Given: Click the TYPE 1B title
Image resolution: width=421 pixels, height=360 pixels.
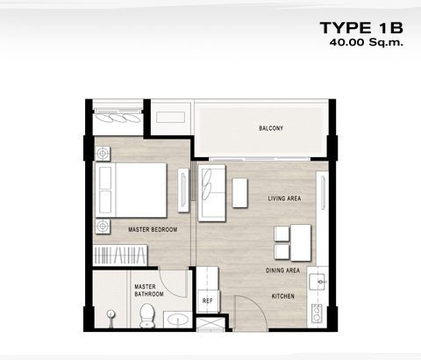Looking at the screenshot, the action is pyautogui.click(x=361, y=28).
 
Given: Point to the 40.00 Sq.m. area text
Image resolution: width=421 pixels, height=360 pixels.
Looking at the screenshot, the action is pyautogui.click(x=367, y=42).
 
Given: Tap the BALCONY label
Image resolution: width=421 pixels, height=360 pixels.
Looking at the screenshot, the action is pyautogui.click(x=271, y=128).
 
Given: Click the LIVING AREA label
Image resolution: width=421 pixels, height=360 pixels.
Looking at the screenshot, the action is pyautogui.click(x=284, y=198).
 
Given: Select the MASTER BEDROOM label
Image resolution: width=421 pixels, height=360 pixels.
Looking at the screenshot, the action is pyautogui.click(x=153, y=230).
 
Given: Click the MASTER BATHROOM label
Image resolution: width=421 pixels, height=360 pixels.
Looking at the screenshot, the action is pyautogui.click(x=149, y=291).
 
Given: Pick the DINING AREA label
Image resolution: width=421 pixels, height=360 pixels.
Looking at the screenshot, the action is pyautogui.click(x=282, y=270).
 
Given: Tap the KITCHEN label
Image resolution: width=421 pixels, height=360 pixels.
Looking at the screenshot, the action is pyautogui.click(x=283, y=296).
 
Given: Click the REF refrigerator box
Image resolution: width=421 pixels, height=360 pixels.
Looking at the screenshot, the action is pyautogui.click(x=209, y=301).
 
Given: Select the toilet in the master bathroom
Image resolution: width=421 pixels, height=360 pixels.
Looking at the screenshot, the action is pyautogui.click(x=147, y=315).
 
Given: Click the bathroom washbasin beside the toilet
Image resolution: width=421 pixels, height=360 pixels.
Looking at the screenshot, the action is pyautogui.click(x=177, y=320).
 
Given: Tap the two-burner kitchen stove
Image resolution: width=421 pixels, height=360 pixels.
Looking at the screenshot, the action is pyautogui.click(x=317, y=313).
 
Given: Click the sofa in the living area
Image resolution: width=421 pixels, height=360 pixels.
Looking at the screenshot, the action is pyautogui.click(x=211, y=192).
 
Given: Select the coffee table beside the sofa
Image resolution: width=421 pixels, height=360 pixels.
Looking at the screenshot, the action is pyautogui.click(x=240, y=193).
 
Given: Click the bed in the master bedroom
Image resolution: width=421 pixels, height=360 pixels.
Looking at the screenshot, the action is pyautogui.click(x=131, y=191).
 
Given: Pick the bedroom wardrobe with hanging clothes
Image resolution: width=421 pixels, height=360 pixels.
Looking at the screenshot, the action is pyautogui.click(x=120, y=256).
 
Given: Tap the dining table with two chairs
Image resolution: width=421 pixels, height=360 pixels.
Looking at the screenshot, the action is pyautogui.click(x=293, y=243).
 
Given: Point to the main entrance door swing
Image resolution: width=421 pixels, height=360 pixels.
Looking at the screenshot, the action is pyautogui.click(x=251, y=313).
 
